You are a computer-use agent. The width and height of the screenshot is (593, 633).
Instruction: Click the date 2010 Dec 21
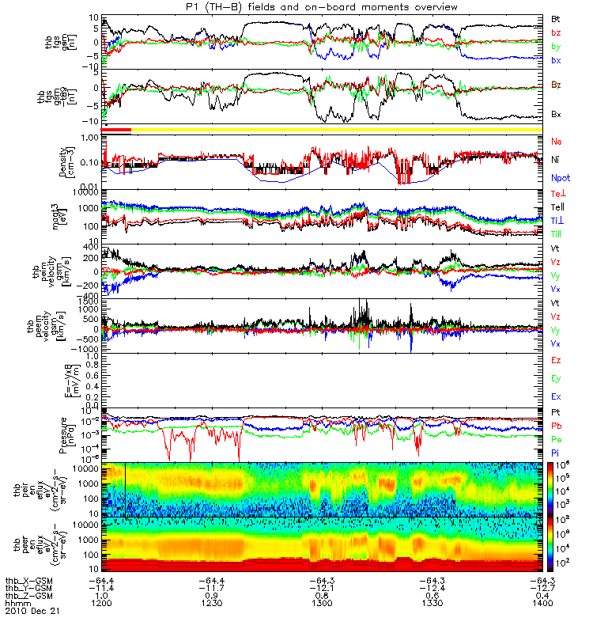[x=32, y=612]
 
